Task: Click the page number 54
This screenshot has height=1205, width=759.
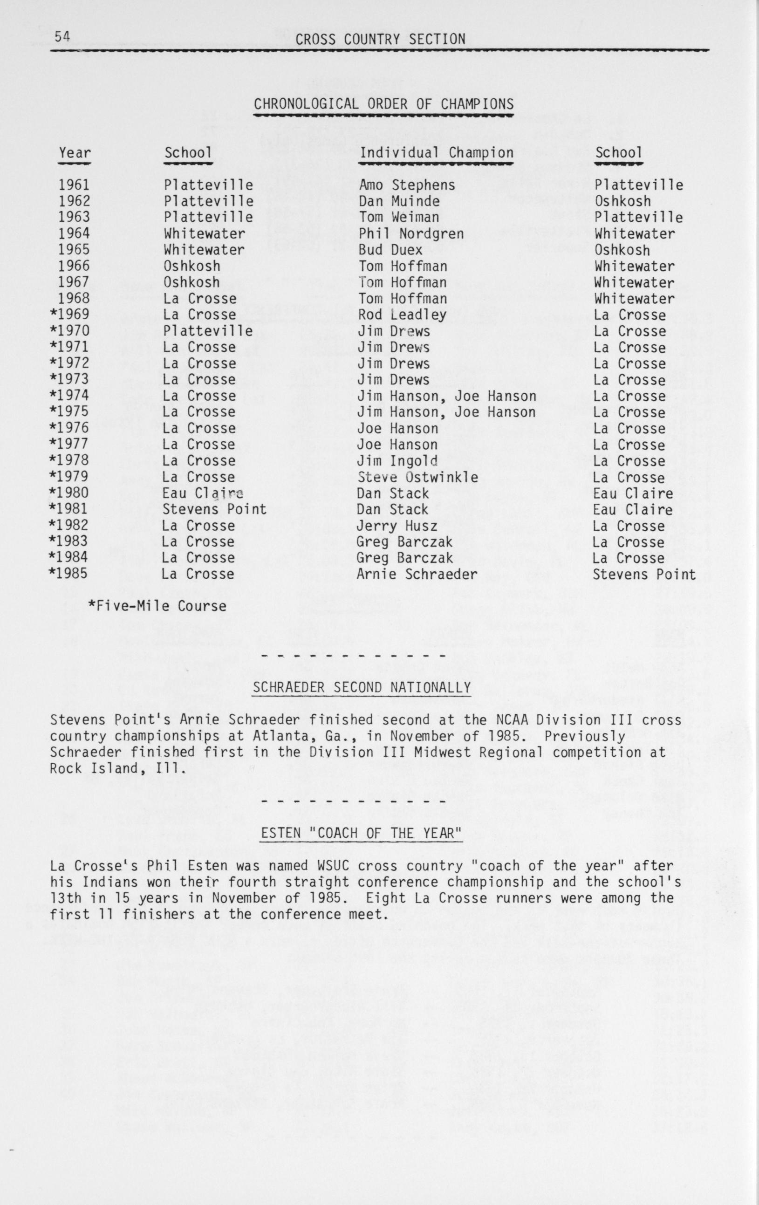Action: pos(63,36)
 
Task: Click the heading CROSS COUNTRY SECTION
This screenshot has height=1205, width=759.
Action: pos(380,39)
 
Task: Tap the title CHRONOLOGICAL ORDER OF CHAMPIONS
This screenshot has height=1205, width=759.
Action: pos(383,104)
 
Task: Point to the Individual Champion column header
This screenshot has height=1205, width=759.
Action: pos(436,153)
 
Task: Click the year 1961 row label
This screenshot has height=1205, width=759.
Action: pos(74,185)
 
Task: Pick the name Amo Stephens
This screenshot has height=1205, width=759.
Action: pos(407,185)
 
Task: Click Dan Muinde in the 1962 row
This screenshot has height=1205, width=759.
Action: pos(399,201)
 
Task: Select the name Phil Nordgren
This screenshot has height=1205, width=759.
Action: pos(411,234)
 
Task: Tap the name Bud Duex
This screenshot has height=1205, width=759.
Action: pos(390,250)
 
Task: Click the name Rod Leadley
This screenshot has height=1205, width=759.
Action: pos(402,315)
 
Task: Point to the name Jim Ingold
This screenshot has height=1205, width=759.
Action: pos(397,460)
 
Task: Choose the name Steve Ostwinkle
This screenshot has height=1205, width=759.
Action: pos(417,477)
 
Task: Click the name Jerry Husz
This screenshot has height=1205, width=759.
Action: pos(397,526)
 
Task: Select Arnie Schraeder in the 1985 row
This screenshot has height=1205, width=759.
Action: pos(417,574)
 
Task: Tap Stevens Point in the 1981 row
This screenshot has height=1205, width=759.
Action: pos(214,509)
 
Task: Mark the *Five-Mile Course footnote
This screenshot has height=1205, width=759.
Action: pos(157,606)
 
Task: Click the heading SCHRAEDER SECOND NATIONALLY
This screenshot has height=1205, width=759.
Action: pos(361,688)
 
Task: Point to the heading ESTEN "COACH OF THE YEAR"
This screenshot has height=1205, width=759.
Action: pos(361,833)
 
